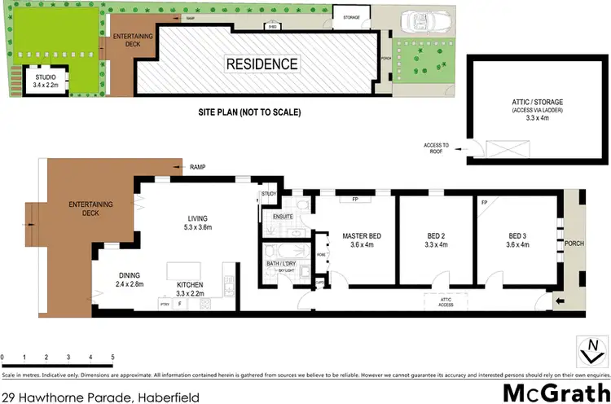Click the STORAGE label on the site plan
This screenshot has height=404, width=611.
352,15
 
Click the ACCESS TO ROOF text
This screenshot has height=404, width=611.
437,148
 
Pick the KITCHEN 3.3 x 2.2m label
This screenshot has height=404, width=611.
191,289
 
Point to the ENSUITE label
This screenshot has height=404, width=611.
283,217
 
